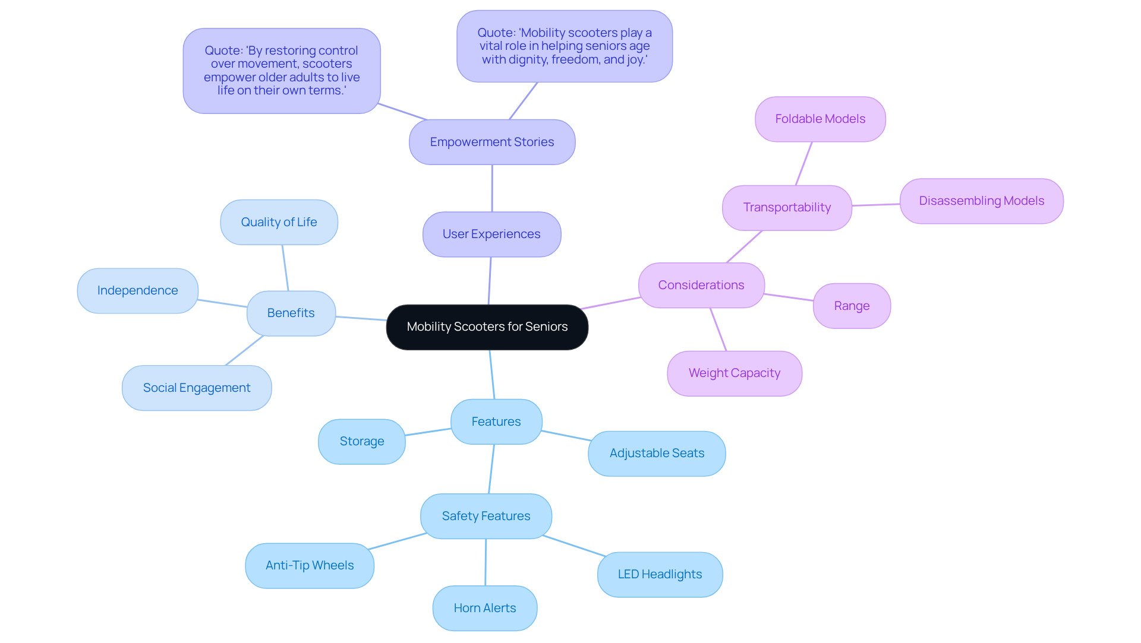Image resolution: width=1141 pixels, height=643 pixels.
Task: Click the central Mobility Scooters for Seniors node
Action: pos(487,327)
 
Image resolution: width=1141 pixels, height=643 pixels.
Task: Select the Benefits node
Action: pos(291,313)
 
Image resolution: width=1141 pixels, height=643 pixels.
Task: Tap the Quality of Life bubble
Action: pos(279,222)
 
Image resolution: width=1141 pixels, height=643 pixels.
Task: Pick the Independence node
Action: pos(137,290)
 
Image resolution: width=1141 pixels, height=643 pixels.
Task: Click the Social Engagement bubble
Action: pos(197,388)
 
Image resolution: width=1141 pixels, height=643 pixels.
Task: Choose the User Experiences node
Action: pos(491,234)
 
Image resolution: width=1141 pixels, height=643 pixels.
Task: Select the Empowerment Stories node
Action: pos(491,142)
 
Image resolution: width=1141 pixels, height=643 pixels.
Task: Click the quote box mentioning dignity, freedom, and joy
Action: pos(564,46)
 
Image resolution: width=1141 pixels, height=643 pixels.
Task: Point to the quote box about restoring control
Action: pos(281,71)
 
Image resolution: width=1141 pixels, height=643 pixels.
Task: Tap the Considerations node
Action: pos(701,285)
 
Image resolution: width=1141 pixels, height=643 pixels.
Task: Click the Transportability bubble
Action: pos(786,207)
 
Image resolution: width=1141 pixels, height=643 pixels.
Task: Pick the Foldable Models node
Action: pos(819,119)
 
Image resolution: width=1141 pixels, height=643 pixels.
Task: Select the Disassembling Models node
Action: pos(981,201)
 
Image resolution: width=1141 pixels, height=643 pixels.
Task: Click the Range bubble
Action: pos(851,306)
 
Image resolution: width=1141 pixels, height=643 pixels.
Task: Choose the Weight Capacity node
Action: pos(734,373)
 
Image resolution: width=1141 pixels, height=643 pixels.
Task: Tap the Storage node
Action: pos(361,441)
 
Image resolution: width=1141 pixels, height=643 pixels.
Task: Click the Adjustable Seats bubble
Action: pos(656,453)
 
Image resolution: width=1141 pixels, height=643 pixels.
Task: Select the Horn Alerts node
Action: pos(484,608)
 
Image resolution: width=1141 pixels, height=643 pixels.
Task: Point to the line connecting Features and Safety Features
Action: pos(491,469)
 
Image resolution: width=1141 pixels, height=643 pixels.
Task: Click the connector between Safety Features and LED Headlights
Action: pos(574,546)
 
